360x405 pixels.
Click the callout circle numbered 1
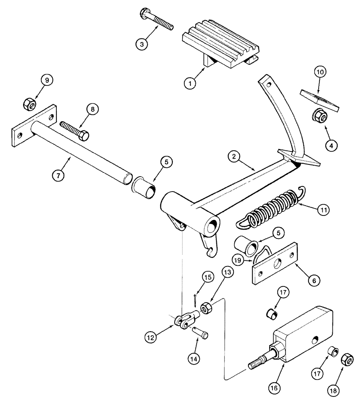click(x=189, y=84)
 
